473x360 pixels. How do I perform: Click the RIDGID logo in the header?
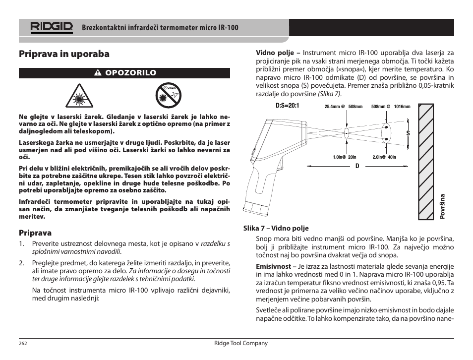coord(51,27)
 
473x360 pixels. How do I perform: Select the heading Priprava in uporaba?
coord(64,54)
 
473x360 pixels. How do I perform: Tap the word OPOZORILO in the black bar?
coord(131,73)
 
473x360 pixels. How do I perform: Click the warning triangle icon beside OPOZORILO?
coord(99,73)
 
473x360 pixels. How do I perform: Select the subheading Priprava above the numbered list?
coord(35,233)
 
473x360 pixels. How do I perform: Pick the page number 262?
coord(23,343)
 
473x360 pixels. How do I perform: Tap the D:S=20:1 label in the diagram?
coord(287,106)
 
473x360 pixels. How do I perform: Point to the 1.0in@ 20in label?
coord(345,157)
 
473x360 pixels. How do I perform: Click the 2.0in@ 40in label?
coord(384,157)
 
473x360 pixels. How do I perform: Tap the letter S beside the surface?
coord(408,133)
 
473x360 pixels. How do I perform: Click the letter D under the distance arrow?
coord(356,166)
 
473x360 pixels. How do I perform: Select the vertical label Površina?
coord(443,206)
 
